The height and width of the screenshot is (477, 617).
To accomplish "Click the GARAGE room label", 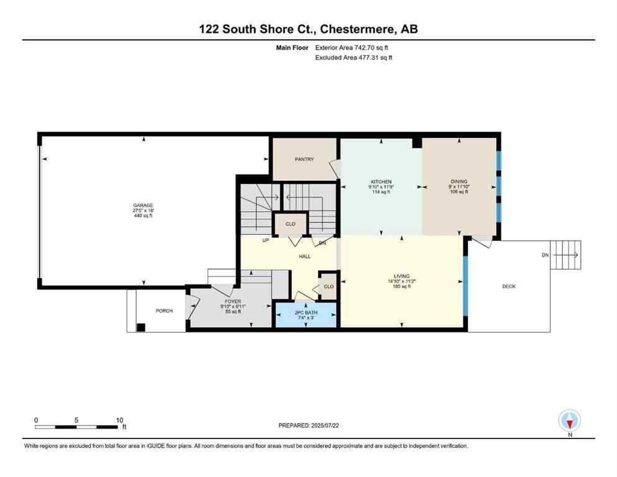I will click(x=142, y=206).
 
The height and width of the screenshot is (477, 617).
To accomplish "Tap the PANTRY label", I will click(x=304, y=160).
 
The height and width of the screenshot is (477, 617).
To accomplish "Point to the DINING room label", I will click(x=459, y=182).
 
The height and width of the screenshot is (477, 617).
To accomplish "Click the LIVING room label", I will click(x=401, y=276).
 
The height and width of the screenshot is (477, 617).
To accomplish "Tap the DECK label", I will click(x=508, y=286).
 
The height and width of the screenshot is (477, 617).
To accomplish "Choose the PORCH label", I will click(x=164, y=311).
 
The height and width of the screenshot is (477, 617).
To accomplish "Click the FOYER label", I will click(x=232, y=301).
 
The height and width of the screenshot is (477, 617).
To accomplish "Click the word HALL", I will click(x=304, y=256).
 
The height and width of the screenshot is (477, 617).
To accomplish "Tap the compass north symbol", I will click(x=569, y=421).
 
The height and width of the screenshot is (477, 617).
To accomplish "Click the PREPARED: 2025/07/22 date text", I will click(x=309, y=425).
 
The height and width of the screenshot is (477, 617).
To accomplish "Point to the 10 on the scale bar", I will click(x=119, y=420).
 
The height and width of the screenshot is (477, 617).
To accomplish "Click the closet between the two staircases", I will click(x=290, y=224).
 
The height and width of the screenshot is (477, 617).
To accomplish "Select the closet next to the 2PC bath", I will click(x=328, y=286).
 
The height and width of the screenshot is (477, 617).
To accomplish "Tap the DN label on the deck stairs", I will click(x=545, y=255).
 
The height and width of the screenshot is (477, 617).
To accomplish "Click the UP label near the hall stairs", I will click(x=265, y=240).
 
